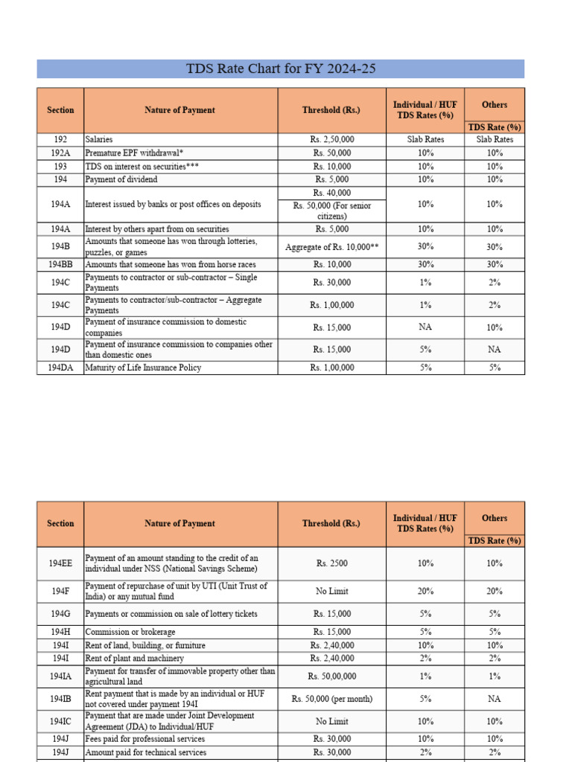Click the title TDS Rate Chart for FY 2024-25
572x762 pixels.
[x=281, y=69]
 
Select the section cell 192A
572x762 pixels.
[x=60, y=153]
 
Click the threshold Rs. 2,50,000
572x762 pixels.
[x=332, y=139]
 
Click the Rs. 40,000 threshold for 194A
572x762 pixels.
[x=332, y=193]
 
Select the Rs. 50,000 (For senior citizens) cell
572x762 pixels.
[x=332, y=211]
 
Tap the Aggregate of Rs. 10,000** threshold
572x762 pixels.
[x=332, y=247]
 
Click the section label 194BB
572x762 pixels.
[x=60, y=264]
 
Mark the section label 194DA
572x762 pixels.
[x=60, y=368]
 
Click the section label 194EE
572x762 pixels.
[x=60, y=563]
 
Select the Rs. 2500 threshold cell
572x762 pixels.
[x=332, y=563]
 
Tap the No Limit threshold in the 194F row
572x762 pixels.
[x=332, y=592]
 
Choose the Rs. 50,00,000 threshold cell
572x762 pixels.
[x=332, y=676]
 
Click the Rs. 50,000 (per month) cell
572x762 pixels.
[x=332, y=699]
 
